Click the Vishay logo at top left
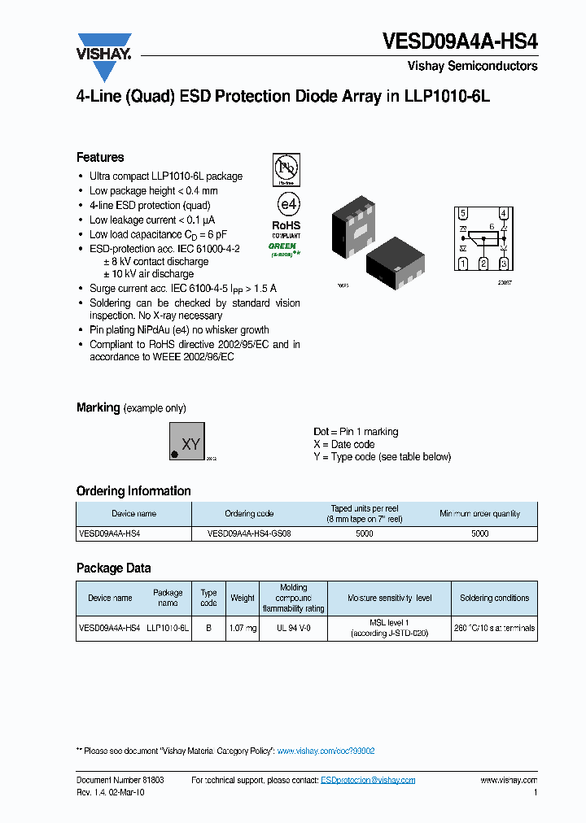[104, 54]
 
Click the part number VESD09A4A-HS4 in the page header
[460, 41]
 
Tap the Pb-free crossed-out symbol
[286, 170]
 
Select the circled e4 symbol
[286, 203]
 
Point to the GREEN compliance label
[283, 246]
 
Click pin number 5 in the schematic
[463, 214]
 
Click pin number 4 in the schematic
[504, 214]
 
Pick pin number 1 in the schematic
[463, 263]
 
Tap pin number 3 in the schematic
[504, 263]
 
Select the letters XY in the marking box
[190, 444]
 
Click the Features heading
[100, 158]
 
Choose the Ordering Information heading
[133, 491]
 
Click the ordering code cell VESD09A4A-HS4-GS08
[249, 533]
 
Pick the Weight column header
[243, 598]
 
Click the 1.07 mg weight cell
[243, 628]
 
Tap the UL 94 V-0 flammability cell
[293, 628]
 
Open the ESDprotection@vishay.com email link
[368, 780]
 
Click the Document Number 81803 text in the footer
[120, 780]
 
